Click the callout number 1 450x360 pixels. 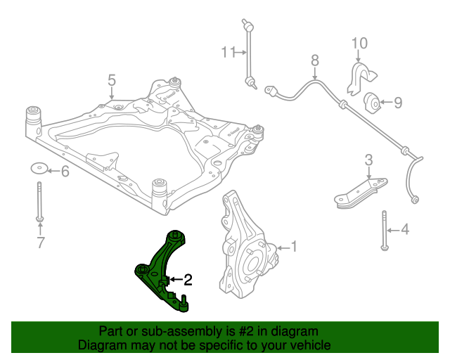coord(295,247)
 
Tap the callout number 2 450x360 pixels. coord(188,281)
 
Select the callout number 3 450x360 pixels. coord(368,161)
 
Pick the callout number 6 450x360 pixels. coord(65,171)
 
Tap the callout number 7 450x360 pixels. coord(40,243)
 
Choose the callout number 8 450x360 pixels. coord(314,60)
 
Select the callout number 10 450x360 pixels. coord(359,44)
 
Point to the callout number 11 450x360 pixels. coord(227,52)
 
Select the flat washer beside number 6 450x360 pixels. coord(39,169)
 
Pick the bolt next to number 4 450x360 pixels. coord(384,229)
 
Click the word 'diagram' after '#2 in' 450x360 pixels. coord(295,330)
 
